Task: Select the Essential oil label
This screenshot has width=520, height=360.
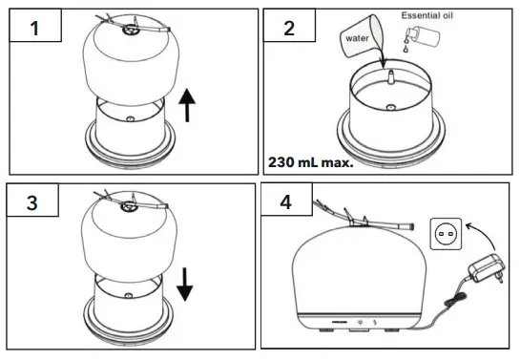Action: [429, 16]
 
